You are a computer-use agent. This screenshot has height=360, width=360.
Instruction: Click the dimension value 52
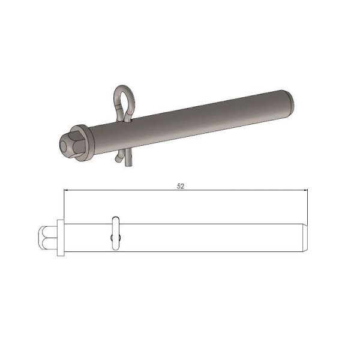[x=181, y=186]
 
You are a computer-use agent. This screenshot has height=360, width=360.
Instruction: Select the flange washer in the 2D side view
[x=60, y=238]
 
